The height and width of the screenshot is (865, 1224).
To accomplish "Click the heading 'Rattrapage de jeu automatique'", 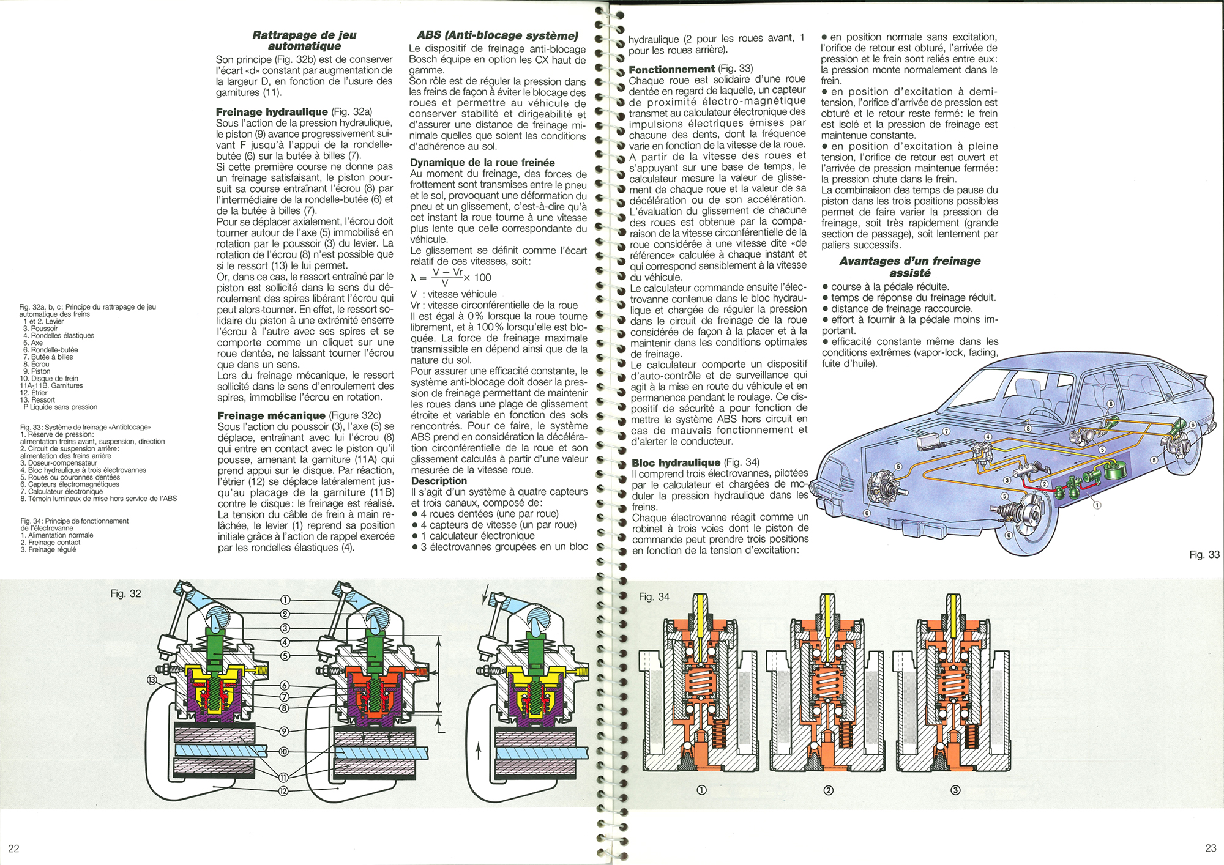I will coord(304,40).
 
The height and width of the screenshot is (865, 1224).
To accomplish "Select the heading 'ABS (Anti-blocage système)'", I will coord(497,35).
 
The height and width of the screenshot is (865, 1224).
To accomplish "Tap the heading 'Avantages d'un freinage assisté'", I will coord(909,267).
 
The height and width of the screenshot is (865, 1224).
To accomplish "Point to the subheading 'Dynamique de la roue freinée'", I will coord(482,163).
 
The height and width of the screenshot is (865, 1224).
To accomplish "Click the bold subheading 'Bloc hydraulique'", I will coord(676,462).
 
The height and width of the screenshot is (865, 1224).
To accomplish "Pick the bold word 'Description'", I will coord(439,481).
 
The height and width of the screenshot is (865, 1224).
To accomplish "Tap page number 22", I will coord(13,848).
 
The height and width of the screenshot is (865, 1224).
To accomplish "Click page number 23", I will coord(1210,848).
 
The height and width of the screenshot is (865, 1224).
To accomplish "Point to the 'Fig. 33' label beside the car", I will coord(1204,554).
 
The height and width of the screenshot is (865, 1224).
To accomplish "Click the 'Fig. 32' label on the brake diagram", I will coord(125,593).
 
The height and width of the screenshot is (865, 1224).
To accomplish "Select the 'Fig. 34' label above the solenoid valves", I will coord(654,596).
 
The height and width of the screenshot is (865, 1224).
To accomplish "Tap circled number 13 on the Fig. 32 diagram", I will coord(152,680).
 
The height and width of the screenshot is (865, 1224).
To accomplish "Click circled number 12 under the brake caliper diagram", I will coord(283,791).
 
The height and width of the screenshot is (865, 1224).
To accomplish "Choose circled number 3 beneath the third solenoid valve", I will coord(955,790).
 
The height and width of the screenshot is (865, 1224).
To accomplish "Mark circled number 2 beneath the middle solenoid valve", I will coord(829,790).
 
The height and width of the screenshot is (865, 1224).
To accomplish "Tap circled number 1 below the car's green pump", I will coord(1097,505).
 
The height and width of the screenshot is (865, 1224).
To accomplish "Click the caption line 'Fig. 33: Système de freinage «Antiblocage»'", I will coord(85,427).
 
